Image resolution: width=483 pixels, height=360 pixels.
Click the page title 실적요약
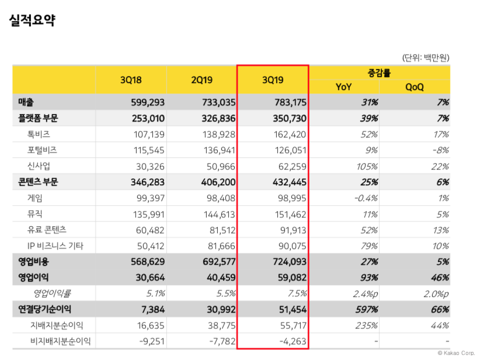pyautogui.click(x=32, y=21)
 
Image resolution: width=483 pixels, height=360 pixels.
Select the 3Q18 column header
pyautogui.click(x=131, y=80)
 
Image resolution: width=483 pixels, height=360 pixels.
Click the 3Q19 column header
pyautogui.click(x=273, y=80)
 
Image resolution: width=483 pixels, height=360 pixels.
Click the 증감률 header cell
pyautogui.click(x=379, y=73)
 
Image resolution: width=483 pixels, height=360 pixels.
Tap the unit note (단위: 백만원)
pyautogui.click(x=425, y=57)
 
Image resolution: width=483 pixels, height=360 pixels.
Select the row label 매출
pyautogui.click(x=26, y=102)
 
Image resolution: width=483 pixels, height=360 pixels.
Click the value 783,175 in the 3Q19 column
pyautogui.click(x=290, y=102)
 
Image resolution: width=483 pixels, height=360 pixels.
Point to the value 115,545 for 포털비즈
pyautogui.click(x=148, y=150)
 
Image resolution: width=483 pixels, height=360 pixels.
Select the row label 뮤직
pyautogui.click(x=34, y=214)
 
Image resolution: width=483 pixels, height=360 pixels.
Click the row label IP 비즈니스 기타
pyautogui.click(x=55, y=245)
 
